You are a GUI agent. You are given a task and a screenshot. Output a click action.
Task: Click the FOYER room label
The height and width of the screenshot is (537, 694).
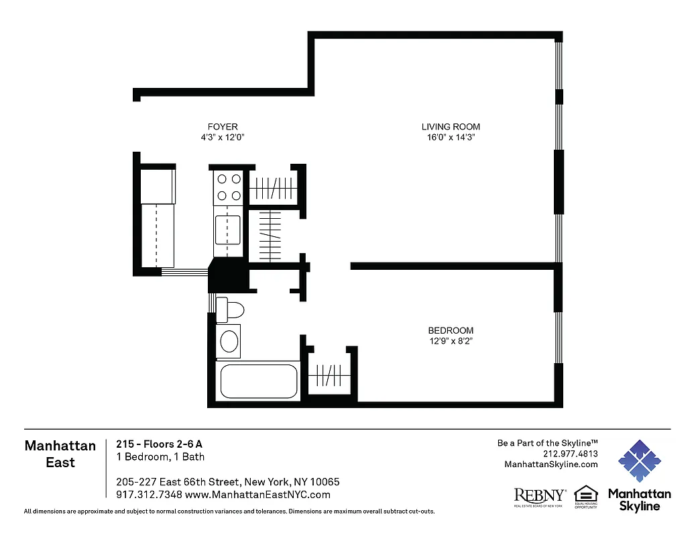(x=223, y=127)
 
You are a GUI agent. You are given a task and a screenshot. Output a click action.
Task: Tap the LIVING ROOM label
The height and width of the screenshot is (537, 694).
(x=451, y=127)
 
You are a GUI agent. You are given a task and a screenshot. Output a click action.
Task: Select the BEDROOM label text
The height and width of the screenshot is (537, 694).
(x=451, y=330)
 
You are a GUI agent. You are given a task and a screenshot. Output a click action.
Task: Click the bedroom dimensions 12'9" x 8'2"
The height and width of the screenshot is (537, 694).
(x=451, y=341)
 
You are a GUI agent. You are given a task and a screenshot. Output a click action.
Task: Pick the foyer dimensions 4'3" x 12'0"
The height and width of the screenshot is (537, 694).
(x=223, y=138)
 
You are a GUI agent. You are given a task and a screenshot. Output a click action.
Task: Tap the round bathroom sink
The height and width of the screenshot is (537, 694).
(x=229, y=341)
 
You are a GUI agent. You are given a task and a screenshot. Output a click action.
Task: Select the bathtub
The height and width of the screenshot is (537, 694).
(x=258, y=381)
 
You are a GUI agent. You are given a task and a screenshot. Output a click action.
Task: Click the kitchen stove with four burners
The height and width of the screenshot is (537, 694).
(x=227, y=188)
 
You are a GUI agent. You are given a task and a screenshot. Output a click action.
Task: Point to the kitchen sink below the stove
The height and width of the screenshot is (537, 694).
(x=228, y=229)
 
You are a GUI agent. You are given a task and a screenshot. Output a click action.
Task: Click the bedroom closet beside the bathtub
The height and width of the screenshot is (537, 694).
(x=329, y=373)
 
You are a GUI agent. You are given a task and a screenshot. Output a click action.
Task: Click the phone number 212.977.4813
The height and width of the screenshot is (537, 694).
(x=570, y=453)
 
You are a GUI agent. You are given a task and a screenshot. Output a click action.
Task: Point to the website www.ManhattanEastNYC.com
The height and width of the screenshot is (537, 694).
(x=257, y=495)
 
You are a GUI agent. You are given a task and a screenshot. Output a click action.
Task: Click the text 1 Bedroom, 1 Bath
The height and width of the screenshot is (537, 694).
(x=160, y=457)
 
